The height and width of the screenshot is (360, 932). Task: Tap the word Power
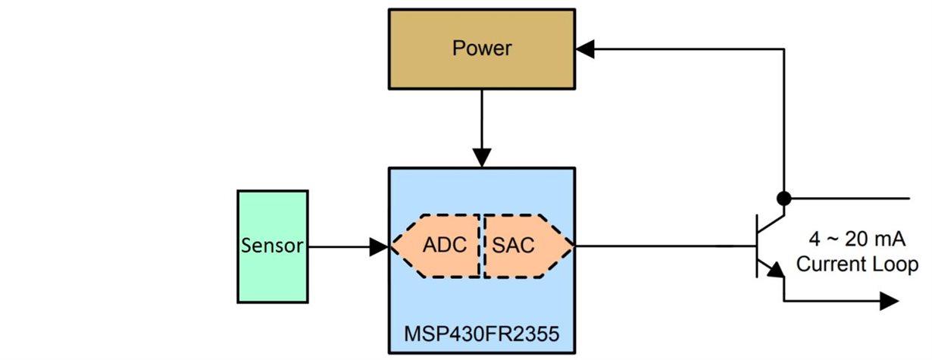482,49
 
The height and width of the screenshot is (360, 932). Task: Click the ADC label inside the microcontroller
444,246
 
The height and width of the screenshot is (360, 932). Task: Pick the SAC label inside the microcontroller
513,246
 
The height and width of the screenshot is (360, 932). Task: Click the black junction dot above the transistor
784,199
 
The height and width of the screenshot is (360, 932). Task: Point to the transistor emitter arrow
775,270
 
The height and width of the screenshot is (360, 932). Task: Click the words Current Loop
856,265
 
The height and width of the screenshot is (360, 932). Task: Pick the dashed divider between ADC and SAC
480,246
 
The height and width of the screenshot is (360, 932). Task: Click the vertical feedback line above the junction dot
784,121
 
